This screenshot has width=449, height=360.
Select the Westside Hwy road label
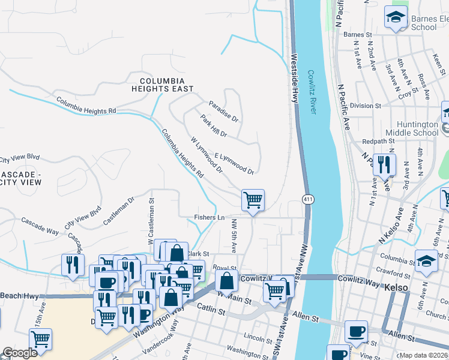(x=295, y=81)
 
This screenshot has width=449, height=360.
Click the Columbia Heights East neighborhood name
(x=166, y=84)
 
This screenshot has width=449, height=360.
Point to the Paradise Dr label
(x=223, y=111)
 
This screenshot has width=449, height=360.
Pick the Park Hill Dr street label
(x=214, y=126)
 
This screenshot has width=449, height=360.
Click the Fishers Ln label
(x=209, y=217)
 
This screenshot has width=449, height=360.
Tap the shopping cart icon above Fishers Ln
(x=253, y=200)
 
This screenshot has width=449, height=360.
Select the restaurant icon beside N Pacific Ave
(x=384, y=164)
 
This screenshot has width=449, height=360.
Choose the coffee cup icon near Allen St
(x=356, y=331)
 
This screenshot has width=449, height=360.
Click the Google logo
(x=20, y=353)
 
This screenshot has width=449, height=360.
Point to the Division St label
(x=366, y=106)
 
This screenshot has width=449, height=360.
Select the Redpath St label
(x=378, y=142)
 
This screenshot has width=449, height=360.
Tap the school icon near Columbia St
(x=426, y=260)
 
